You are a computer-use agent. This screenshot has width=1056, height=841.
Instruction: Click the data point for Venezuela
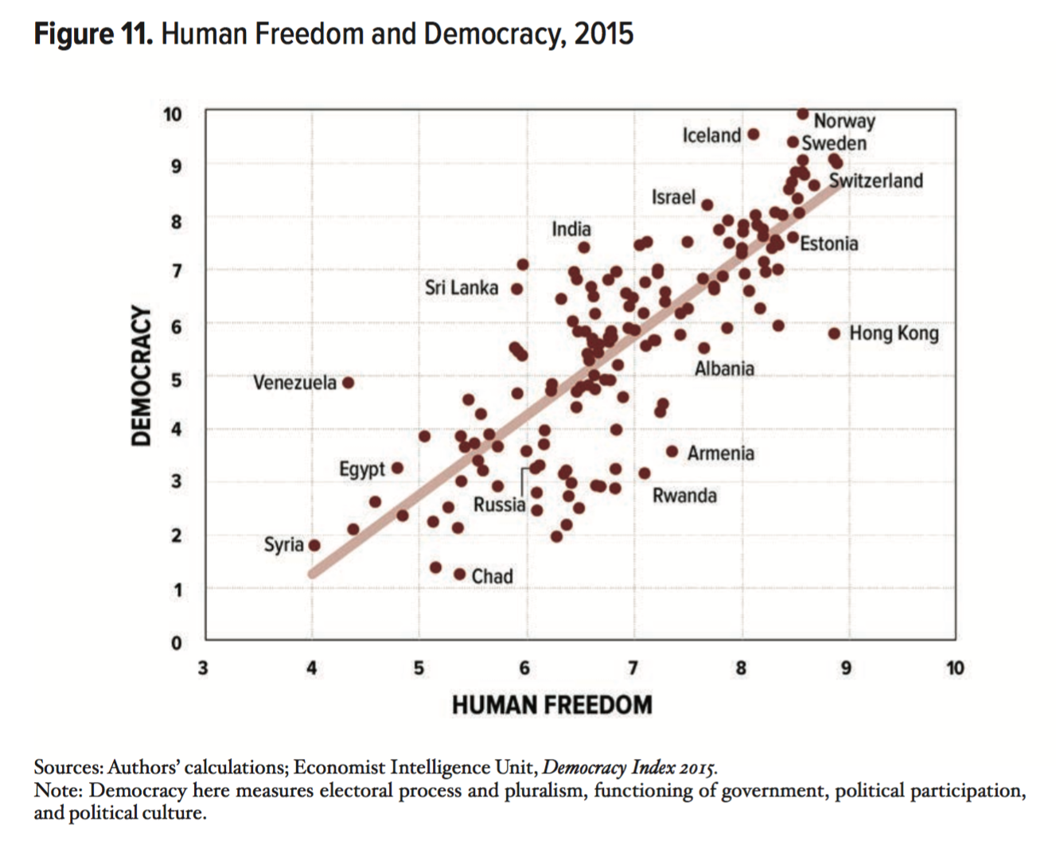(x=348, y=383)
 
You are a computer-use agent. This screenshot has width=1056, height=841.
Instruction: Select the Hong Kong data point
(x=834, y=333)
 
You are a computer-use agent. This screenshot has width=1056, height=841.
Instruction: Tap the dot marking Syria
(x=314, y=545)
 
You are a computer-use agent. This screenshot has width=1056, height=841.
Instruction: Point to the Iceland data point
(x=754, y=134)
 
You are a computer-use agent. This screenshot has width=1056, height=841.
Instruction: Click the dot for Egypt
(x=397, y=469)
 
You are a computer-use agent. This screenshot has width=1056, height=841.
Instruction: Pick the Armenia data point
(x=672, y=452)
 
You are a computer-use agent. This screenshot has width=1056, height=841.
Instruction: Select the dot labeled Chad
(x=459, y=574)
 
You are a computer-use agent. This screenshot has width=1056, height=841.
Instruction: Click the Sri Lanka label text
(x=461, y=287)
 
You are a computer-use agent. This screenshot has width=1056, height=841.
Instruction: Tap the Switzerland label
(x=875, y=181)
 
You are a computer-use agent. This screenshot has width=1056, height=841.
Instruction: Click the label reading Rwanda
(x=684, y=496)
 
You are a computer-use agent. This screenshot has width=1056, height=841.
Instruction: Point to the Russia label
(x=499, y=504)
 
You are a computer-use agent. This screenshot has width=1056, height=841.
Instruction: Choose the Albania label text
(x=724, y=368)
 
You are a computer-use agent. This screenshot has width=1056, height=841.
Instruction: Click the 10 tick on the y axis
(x=173, y=114)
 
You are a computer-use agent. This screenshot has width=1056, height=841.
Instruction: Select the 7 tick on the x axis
(x=633, y=668)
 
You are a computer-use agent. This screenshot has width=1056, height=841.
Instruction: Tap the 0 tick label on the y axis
(x=177, y=643)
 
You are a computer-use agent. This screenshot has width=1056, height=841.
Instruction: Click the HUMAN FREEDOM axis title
(x=551, y=705)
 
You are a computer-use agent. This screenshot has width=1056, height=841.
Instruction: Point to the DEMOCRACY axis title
(x=141, y=376)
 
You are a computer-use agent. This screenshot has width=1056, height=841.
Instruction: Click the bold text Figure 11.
(x=93, y=34)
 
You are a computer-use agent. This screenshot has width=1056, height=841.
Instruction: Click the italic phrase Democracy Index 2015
(x=629, y=768)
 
